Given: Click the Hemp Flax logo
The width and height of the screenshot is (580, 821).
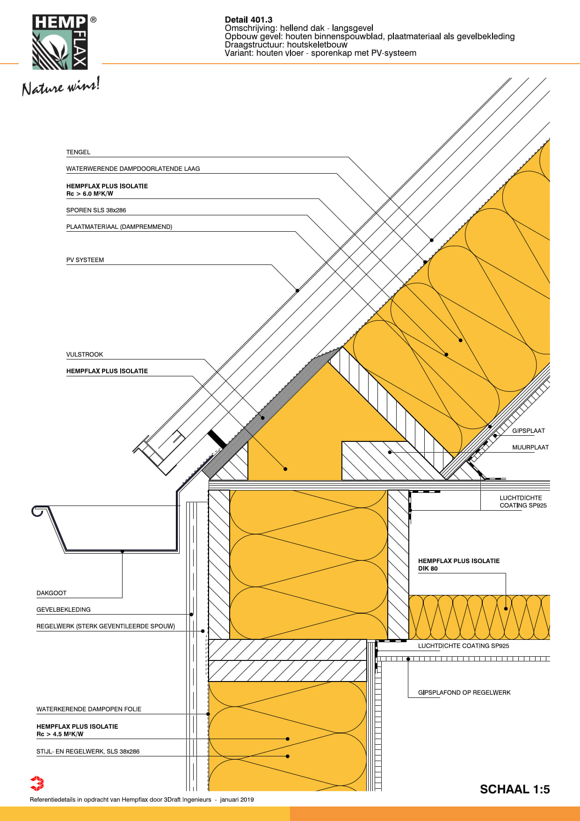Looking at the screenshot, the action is [x=60, y=42].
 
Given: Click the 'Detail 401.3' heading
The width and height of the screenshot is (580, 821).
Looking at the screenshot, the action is [x=248, y=20].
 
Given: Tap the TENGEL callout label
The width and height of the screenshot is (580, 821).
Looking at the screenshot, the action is [x=78, y=152].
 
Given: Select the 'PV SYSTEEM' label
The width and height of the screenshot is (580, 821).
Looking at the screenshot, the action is [x=85, y=260].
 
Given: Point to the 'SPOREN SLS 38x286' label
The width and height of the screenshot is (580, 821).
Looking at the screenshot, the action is [x=96, y=210].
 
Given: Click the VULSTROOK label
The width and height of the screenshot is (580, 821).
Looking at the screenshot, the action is [x=85, y=354].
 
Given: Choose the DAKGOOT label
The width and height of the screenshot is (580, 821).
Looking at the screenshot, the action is [x=51, y=593].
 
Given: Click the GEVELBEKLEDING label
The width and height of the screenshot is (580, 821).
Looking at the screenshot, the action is [x=64, y=609].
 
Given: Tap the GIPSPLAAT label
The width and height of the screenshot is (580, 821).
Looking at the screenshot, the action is [x=529, y=431].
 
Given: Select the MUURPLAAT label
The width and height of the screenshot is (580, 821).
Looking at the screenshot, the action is [x=530, y=447].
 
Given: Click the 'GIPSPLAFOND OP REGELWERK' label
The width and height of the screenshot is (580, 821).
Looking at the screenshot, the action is [x=464, y=692].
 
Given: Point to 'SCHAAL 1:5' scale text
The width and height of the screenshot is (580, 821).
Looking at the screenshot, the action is [x=515, y=789].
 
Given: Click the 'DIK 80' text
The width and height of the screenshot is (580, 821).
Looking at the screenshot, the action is [x=428, y=569].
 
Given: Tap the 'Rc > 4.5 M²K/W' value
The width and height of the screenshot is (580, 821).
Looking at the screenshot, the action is [x=60, y=734].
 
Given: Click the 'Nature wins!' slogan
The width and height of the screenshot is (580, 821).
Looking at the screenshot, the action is [x=61, y=86].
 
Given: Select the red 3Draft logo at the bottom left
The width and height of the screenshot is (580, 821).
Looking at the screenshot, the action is [x=37, y=784].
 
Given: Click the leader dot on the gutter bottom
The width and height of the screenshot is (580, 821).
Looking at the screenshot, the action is [x=123, y=551].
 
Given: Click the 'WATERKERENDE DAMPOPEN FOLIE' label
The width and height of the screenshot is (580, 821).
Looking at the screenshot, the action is [x=89, y=709].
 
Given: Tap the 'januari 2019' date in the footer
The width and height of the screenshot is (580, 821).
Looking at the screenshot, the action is [x=237, y=799].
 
